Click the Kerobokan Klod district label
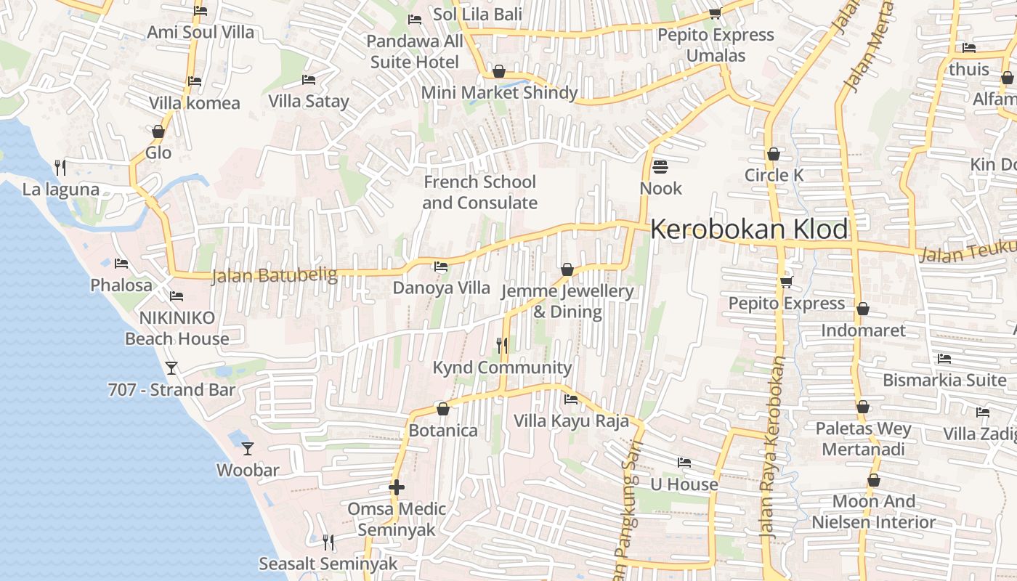pos(749,229)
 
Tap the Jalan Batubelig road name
pos(275,275)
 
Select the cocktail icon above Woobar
pos(248,448)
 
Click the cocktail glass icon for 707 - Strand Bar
pos(171,367)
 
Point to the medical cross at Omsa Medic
pos(396,487)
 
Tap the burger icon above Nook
pos(660,166)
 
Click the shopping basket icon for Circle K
pos(774,154)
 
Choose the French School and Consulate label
pos(479,192)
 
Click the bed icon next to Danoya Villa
pos(441,267)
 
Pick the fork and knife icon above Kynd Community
pos(502,345)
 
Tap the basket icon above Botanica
pos(443,409)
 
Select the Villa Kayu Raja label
pos(571,420)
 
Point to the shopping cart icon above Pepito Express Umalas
pos(715,13)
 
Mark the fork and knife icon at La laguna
pos(60,168)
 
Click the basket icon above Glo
pos(158,131)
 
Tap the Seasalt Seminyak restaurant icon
pos(328,542)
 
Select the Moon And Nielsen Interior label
pos(873,511)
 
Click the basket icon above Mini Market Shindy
pos(499,71)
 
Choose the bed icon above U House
pos(684,463)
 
